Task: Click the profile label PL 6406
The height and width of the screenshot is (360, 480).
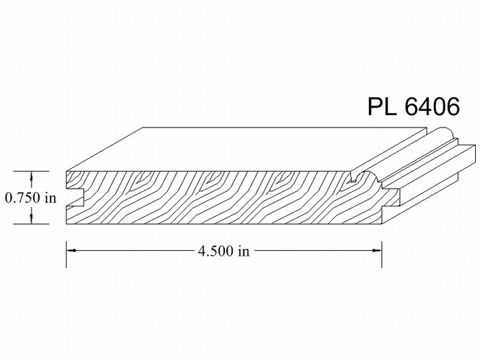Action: [x=413, y=106]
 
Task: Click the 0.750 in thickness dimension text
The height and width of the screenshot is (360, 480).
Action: [x=31, y=197]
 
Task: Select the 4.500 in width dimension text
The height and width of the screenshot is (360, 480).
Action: [x=224, y=251]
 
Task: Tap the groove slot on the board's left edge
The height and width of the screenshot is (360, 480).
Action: [x=75, y=197]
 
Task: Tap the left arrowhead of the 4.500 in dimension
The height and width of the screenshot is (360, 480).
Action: [x=71, y=251]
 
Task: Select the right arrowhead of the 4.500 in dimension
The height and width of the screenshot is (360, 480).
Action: [x=377, y=251]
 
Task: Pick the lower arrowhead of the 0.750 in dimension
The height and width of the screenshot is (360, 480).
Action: [x=32, y=218]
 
